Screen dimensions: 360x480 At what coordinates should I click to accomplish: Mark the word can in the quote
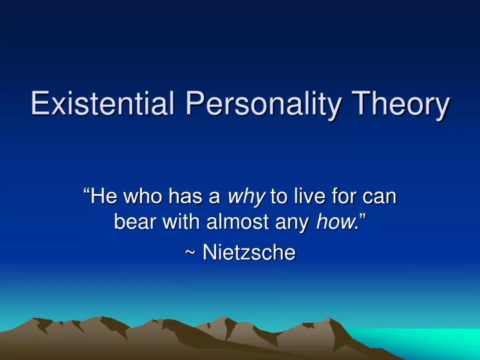381,197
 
